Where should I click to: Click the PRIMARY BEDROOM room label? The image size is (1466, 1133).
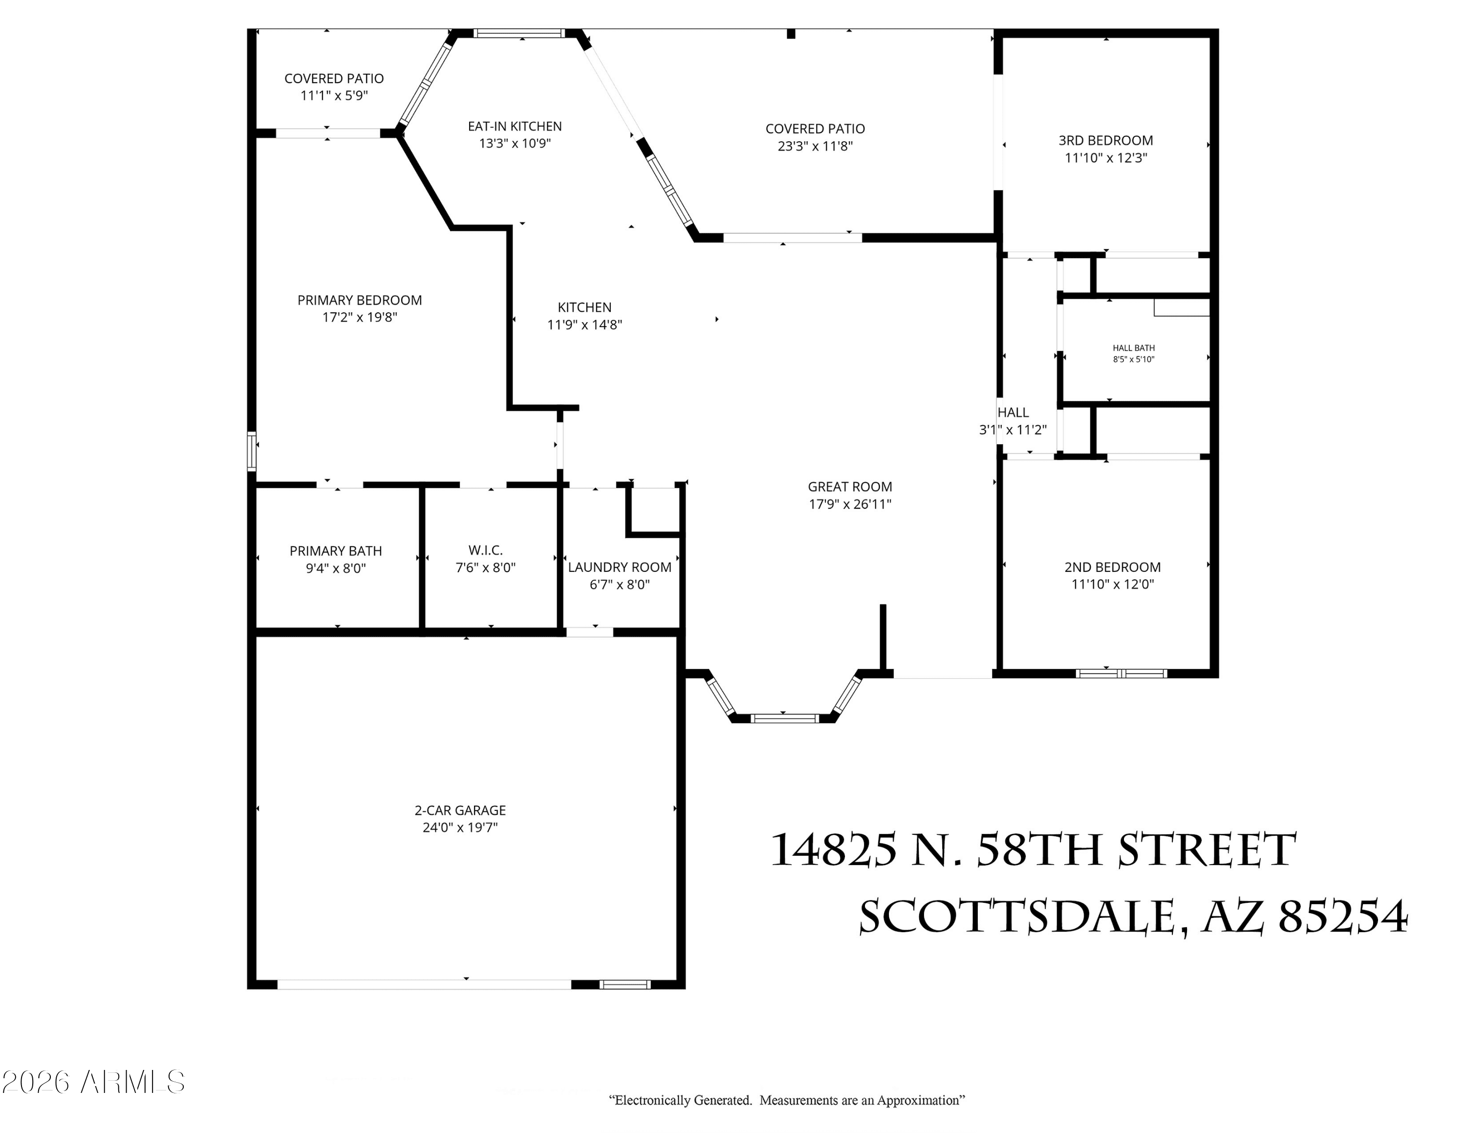point(360,300)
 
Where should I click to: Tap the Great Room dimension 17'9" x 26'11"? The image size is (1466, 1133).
point(850,504)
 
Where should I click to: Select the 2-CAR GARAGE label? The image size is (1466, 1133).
point(460,810)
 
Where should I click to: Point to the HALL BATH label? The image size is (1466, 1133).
point(1134,348)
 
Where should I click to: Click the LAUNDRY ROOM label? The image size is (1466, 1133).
point(620,567)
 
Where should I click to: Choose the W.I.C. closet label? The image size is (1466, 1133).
point(485,550)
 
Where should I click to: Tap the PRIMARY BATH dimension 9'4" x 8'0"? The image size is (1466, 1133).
point(336,568)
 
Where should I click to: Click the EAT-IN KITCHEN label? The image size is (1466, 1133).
point(515,126)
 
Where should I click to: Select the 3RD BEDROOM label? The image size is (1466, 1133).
point(1105,140)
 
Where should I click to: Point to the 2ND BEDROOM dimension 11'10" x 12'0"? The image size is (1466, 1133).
point(1112,584)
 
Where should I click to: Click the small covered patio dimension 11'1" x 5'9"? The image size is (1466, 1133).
point(334,95)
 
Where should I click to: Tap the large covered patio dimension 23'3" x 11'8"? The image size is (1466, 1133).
point(815,146)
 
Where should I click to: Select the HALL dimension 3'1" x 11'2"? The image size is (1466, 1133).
point(1013,430)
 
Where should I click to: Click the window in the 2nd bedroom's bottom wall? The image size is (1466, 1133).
point(1121,673)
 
